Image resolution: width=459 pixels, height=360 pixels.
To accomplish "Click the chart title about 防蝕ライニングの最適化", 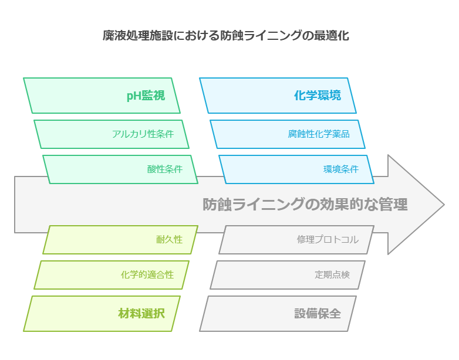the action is point(226,35).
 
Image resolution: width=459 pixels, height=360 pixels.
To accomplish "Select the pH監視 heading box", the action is point(102,96).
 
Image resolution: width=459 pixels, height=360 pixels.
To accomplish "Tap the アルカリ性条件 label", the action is point(143,134).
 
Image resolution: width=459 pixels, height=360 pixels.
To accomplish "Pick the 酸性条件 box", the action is point(120,169).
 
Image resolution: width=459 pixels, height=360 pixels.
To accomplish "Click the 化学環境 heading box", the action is point(278,96).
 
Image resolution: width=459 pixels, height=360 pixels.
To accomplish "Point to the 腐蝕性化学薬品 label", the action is point(319,134).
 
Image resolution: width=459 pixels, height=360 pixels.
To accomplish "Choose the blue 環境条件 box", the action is point(296,169).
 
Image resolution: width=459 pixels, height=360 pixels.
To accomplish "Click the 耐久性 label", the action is point(169,240).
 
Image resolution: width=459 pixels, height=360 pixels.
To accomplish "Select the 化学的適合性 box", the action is point(112,275).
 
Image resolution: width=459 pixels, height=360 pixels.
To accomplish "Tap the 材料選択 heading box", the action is point(102,314).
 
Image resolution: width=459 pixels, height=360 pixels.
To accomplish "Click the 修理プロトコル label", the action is point(328,240).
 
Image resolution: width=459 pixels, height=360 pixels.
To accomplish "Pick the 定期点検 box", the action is point(288,275).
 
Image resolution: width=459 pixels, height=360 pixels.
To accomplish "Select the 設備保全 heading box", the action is point(278,314).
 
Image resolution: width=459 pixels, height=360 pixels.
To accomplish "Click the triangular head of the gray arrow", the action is point(416,205).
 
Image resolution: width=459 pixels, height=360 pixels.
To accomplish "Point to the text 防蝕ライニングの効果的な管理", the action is point(305,205).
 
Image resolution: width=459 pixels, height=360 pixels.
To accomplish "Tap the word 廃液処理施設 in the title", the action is point(137,35).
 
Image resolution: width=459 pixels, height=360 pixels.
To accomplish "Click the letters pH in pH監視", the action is point(134,96).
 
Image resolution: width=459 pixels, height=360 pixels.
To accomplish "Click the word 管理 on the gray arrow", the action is point(393,205).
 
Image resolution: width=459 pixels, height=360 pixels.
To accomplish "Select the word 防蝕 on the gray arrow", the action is point(217,205).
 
